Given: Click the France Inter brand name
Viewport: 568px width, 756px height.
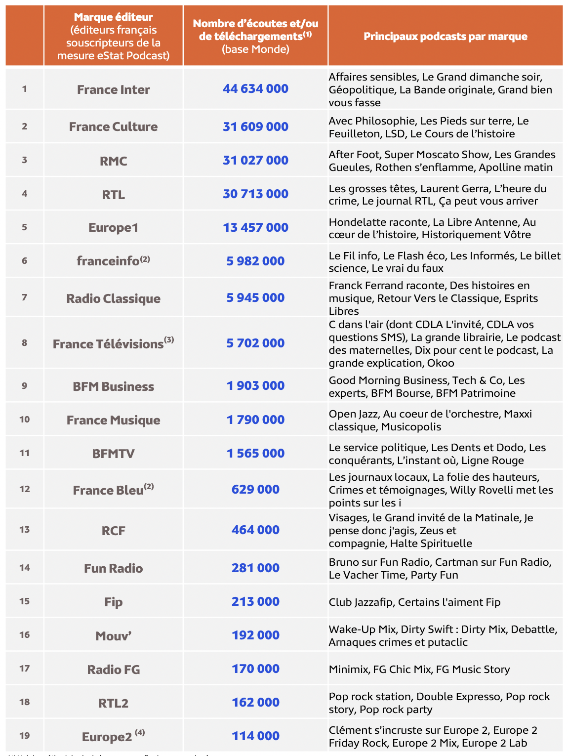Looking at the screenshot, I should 113,89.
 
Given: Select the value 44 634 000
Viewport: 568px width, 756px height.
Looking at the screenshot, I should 255,89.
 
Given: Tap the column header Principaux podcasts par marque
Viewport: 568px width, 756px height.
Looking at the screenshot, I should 445,36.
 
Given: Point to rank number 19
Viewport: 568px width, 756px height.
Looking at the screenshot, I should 25,735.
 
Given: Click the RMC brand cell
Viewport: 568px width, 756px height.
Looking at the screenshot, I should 113,161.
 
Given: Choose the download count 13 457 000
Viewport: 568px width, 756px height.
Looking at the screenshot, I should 255,228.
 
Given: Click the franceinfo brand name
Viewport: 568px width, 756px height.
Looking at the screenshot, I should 108,261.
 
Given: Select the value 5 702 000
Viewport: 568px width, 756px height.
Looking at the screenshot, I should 255,343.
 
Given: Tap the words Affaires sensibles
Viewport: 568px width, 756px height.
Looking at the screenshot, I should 373,77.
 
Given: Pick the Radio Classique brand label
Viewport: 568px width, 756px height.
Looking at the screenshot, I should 113,298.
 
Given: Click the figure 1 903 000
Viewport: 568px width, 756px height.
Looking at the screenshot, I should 255,386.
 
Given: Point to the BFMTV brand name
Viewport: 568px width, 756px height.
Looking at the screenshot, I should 113,454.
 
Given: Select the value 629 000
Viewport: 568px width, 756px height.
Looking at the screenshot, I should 255,490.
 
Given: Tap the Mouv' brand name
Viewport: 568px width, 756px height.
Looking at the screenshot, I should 113,636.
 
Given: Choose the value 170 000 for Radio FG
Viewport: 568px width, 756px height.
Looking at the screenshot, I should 255,669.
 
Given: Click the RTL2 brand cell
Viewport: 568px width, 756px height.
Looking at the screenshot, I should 113,703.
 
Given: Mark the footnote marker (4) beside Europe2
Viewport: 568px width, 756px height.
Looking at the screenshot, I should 140,732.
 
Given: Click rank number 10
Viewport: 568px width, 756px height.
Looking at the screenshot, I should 25,420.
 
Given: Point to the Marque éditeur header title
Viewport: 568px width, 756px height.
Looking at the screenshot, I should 113,17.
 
